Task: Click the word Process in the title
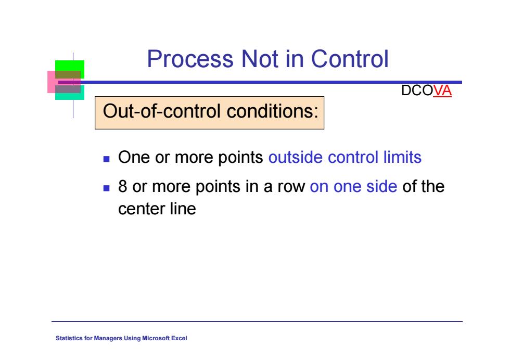pyautogui.click(x=190, y=59)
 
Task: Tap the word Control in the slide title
pyautogui.click(x=350, y=59)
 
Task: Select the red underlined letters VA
pyautogui.click(x=442, y=91)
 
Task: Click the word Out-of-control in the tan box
pyautogui.click(x=162, y=111)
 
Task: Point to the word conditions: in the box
pyautogui.click(x=272, y=111)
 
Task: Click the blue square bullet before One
pyautogui.click(x=106, y=159)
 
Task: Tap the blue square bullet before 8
pyautogui.click(x=106, y=188)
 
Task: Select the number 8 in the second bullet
pyautogui.click(x=123, y=186)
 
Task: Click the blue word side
pyautogui.click(x=381, y=186)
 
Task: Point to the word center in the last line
pyautogui.click(x=142, y=209)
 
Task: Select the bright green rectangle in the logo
pyautogui.click(x=70, y=66)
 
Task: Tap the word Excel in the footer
pyautogui.click(x=179, y=338)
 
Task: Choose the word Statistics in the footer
pyautogui.click(x=69, y=338)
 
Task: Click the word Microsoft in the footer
pyautogui.click(x=156, y=338)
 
